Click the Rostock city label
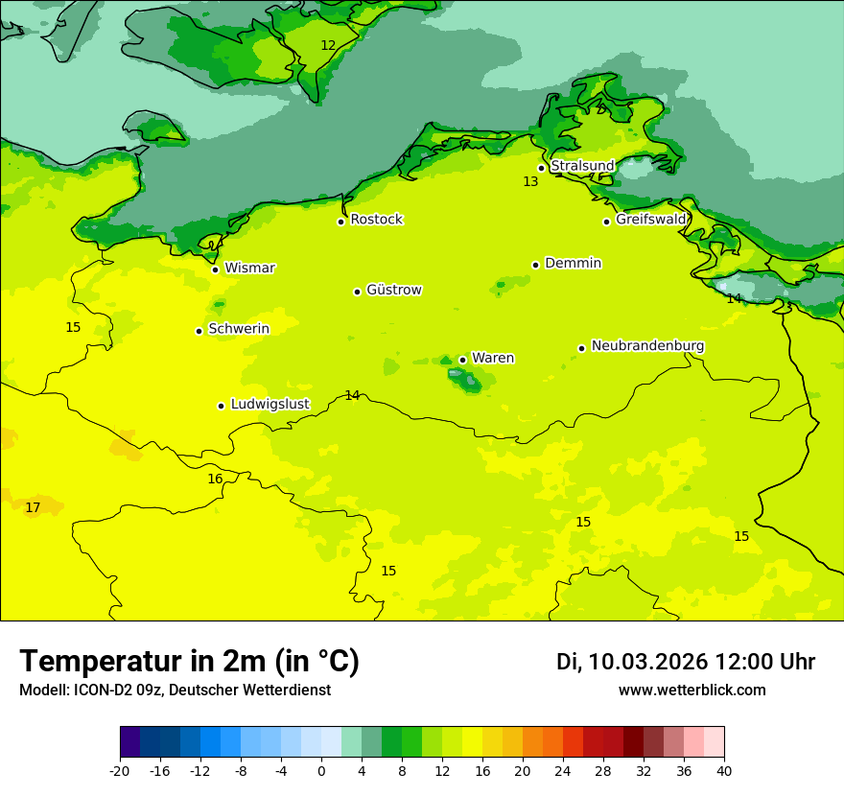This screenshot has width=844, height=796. pyautogui.click(x=376, y=220)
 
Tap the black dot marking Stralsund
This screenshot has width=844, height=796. pyautogui.click(x=541, y=168)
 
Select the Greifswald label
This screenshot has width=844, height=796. pyautogui.click(x=651, y=220)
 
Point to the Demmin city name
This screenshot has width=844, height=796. pyautogui.click(x=573, y=264)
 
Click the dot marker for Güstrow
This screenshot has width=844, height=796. pyautogui.click(x=357, y=292)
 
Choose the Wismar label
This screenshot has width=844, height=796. pyautogui.click(x=249, y=269)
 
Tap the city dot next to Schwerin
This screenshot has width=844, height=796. pyautogui.click(x=199, y=331)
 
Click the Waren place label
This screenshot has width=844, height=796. pyautogui.click(x=493, y=359)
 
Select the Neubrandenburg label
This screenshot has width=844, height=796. pyautogui.click(x=647, y=346)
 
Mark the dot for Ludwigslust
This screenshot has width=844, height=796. pyautogui.click(x=221, y=406)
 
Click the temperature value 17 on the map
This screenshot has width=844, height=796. pyautogui.click(x=33, y=507)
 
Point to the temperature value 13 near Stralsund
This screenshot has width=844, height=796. pyautogui.click(x=530, y=181)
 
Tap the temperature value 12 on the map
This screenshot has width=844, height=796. pyautogui.click(x=328, y=45)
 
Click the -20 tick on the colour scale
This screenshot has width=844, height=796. pyautogui.click(x=120, y=770)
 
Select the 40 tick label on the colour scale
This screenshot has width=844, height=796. pyautogui.click(x=724, y=770)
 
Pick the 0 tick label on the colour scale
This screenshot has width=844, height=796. pyautogui.click(x=321, y=770)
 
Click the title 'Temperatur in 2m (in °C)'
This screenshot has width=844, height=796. pyautogui.click(x=189, y=662)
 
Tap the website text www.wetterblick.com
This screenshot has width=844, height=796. pyautogui.click(x=692, y=691)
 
